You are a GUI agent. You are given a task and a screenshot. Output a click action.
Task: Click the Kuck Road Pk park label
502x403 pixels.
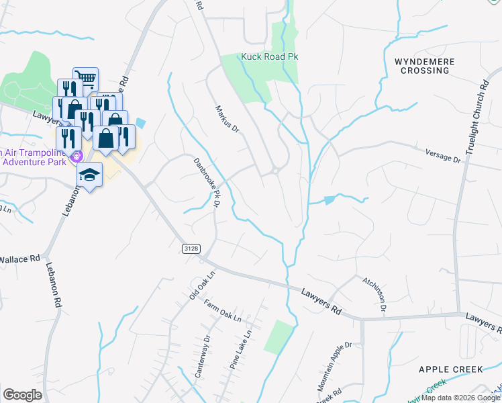point(269,58)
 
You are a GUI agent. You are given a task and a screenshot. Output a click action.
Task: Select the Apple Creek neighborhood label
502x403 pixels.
point(450,369)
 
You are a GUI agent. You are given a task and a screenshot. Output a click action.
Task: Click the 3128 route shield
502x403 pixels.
point(191,249)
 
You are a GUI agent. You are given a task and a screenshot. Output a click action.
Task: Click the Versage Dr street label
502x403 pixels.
point(444,156)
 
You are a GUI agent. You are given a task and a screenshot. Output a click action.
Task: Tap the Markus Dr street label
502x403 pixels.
point(227,119)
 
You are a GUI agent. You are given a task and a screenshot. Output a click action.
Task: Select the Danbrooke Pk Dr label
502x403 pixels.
point(207,181)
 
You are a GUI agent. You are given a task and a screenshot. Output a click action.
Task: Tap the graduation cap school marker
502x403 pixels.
point(89,175)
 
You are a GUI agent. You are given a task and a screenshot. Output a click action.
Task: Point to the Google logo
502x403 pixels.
point(22,395)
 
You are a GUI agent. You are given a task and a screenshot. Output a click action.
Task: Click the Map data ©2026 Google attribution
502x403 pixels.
point(460,398)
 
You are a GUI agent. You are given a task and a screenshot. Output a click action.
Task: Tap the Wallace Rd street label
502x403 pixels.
point(20,259)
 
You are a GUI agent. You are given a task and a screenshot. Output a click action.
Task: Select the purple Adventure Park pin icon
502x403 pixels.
point(77,156)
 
